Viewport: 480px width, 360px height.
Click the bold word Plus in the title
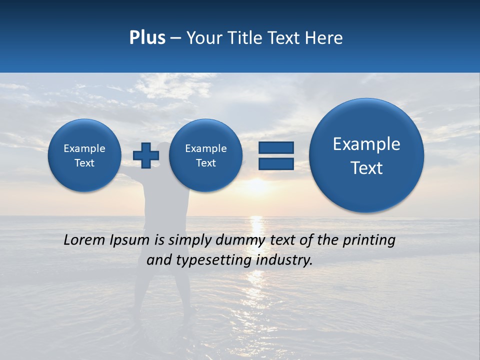pyautogui.click(x=147, y=38)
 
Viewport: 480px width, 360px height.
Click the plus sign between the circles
pyautogui.click(x=146, y=155)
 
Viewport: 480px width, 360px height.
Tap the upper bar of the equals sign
pyautogui.click(x=276, y=147)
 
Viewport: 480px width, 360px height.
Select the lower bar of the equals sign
pyautogui.click(x=276, y=164)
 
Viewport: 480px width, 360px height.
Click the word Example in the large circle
pyautogui.click(x=366, y=144)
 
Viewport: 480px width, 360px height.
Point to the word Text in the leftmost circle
pyautogui.click(x=84, y=163)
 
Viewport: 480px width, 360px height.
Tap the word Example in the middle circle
pyautogui.click(x=205, y=148)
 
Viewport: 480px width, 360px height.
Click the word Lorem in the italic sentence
pyautogui.click(x=84, y=240)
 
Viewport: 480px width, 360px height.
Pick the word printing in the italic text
pyautogui.click(x=369, y=240)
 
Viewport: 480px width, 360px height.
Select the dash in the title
pyautogui.click(x=175, y=38)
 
